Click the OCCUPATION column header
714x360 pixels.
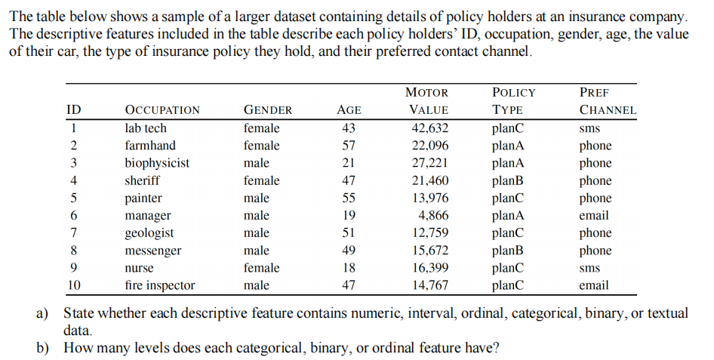click(x=162, y=110)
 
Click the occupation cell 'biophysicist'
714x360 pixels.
click(x=157, y=163)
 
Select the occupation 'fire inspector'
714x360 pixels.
click(x=159, y=285)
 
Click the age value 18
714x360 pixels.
click(x=349, y=268)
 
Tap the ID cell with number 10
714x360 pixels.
click(x=74, y=285)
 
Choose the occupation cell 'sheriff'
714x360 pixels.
click(x=142, y=180)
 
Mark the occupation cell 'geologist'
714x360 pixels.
click(x=149, y=233)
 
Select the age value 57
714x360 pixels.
click(x=349, y=146)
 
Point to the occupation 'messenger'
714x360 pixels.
click(x=152, y=251)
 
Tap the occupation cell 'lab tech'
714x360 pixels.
click(x=146, y=128)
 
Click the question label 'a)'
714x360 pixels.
click(x=43, y=313)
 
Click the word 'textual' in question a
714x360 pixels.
click(x=667, y=313)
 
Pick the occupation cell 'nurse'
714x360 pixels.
click(x=139, y=268)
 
